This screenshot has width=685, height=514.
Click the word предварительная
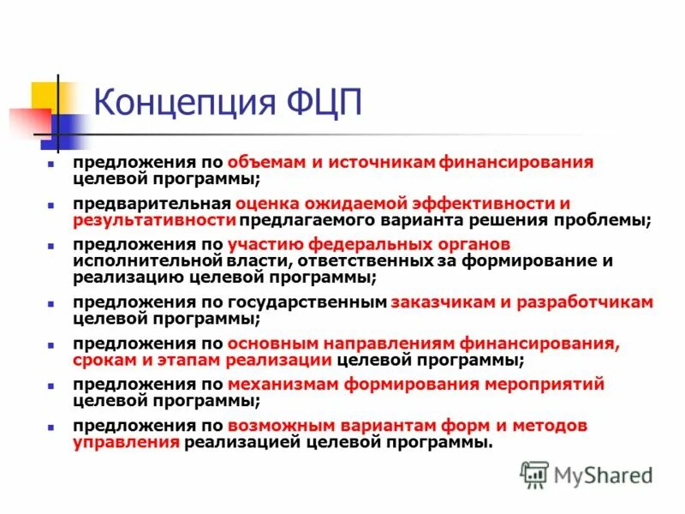click(x=151, y=204)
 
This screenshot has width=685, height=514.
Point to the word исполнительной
click(x=147, y=261)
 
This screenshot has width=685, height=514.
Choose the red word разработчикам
click(x=580, y=302)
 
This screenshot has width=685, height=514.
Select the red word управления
click(x=127, y=442)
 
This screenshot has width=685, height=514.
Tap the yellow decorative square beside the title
click(x=45, y=96)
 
